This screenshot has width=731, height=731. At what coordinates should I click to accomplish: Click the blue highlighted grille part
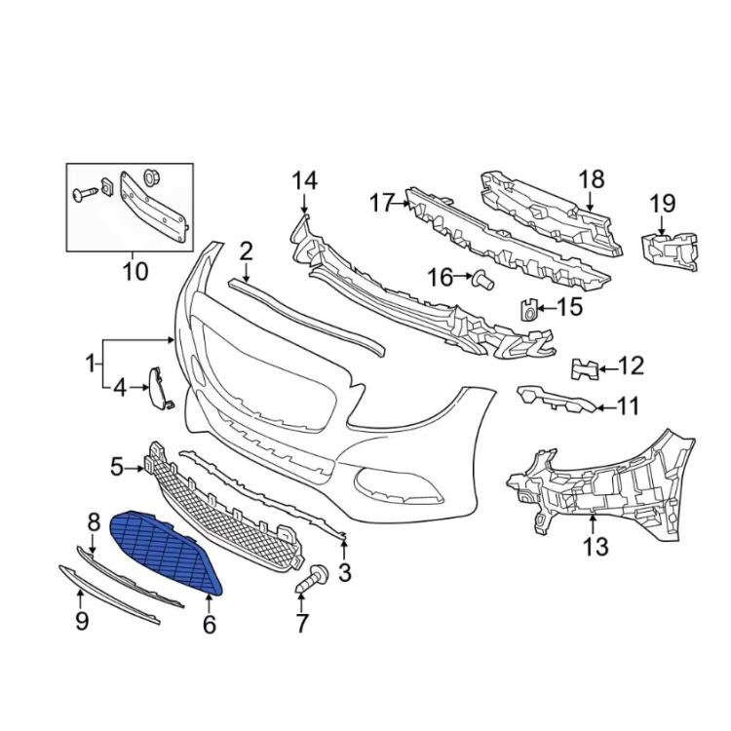pyautogui.click(x=166, y=552)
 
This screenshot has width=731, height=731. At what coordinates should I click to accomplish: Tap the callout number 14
pyautogui.click(x=304, y=180)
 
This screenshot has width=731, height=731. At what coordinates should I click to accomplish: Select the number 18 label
pyautogui.click(x=592, y=179)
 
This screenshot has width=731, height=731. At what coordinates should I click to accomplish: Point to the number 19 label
pyautogui.click(x=662, y=204)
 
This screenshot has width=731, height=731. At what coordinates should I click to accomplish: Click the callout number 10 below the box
pyautogui.click(x=135, y=270)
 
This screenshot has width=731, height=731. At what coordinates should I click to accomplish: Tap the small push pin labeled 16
pyautogui.click(x=482, y=281)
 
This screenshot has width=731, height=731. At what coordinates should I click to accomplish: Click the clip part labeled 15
pyautogui.click(x=528, y=311)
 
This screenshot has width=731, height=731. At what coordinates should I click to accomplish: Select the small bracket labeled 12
pyautogui.click(x=585, y=368)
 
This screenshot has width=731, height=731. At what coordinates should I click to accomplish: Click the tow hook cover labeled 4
pyautogui.click(x=156, y=385)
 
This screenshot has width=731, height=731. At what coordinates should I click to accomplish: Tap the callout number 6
pyautogui.click(x=209, y=623)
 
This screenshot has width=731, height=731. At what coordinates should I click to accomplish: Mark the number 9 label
pyautogui.click(x=83, y=621)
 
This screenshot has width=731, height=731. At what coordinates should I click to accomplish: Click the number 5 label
pyautogui.click(x=117, y=468)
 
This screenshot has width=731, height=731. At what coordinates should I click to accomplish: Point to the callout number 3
pyautogui.click(x=345, y=573)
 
